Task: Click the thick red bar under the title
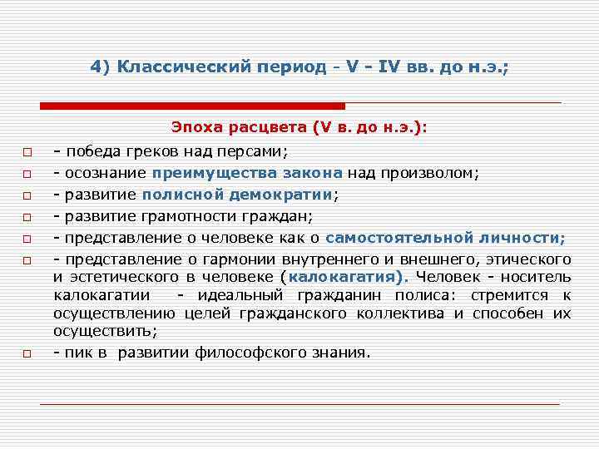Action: pos(192,106)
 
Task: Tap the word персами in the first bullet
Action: pos(255,152)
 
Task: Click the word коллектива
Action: pos(403,313)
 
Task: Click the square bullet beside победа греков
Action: pos(27,153)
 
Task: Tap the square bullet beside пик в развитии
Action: pos(27,354)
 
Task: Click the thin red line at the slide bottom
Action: pos(299,404)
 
